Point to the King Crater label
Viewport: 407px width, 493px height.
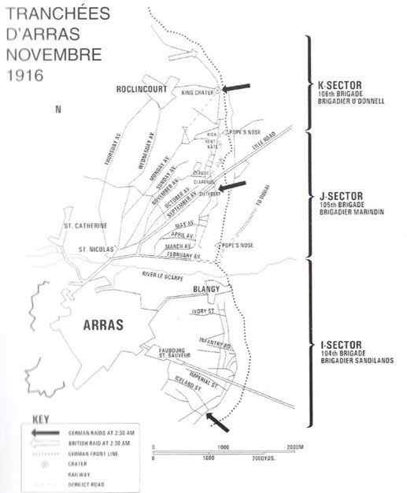click(x=198, y=94)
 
